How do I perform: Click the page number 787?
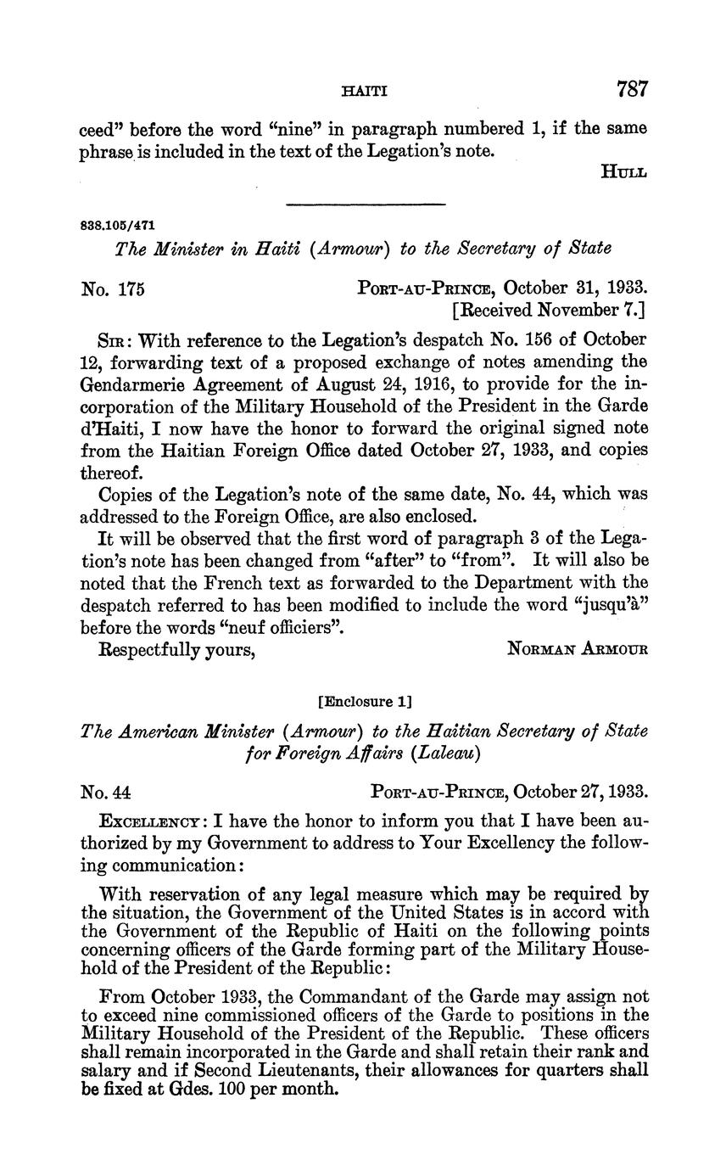633,89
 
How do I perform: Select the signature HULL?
623,172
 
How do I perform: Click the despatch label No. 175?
114,289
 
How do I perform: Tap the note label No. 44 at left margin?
106,793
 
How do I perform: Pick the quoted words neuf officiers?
267,628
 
